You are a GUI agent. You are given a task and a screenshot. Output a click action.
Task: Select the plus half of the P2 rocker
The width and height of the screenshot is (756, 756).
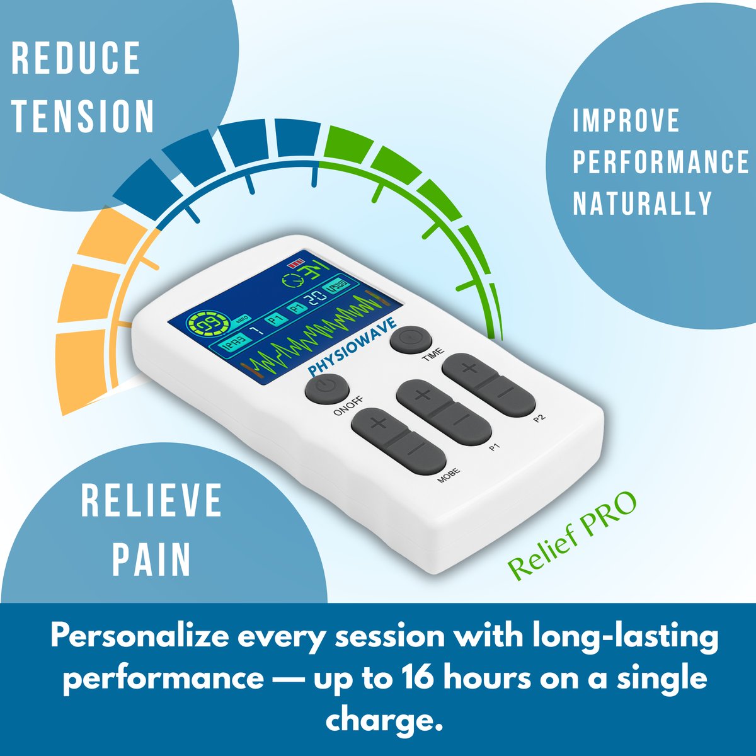(470, 369)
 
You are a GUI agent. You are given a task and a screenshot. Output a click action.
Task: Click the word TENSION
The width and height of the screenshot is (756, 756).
(83, 116)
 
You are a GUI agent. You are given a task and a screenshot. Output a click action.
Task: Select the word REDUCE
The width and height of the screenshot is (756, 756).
(76, 59)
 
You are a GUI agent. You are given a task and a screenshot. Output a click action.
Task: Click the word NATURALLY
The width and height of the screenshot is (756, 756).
(642, 203)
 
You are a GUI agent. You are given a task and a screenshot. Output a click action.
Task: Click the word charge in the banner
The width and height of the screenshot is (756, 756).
(381, 719)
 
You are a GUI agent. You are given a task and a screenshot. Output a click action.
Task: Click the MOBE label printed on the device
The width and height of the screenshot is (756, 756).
(449, 475)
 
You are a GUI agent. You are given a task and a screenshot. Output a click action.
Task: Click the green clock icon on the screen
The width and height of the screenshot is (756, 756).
(292, 282)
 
